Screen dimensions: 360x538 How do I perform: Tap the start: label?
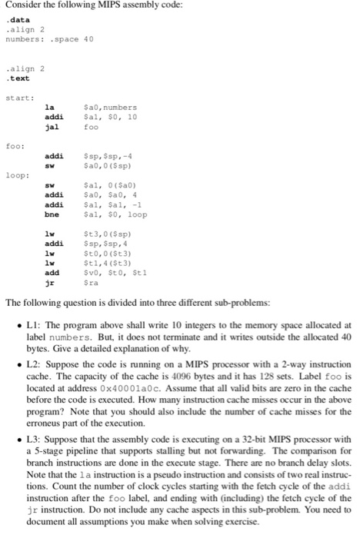pyautogui.click(x=17, y=97)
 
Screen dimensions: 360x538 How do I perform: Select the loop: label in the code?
pyautogui.click(x=16, y=176)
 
